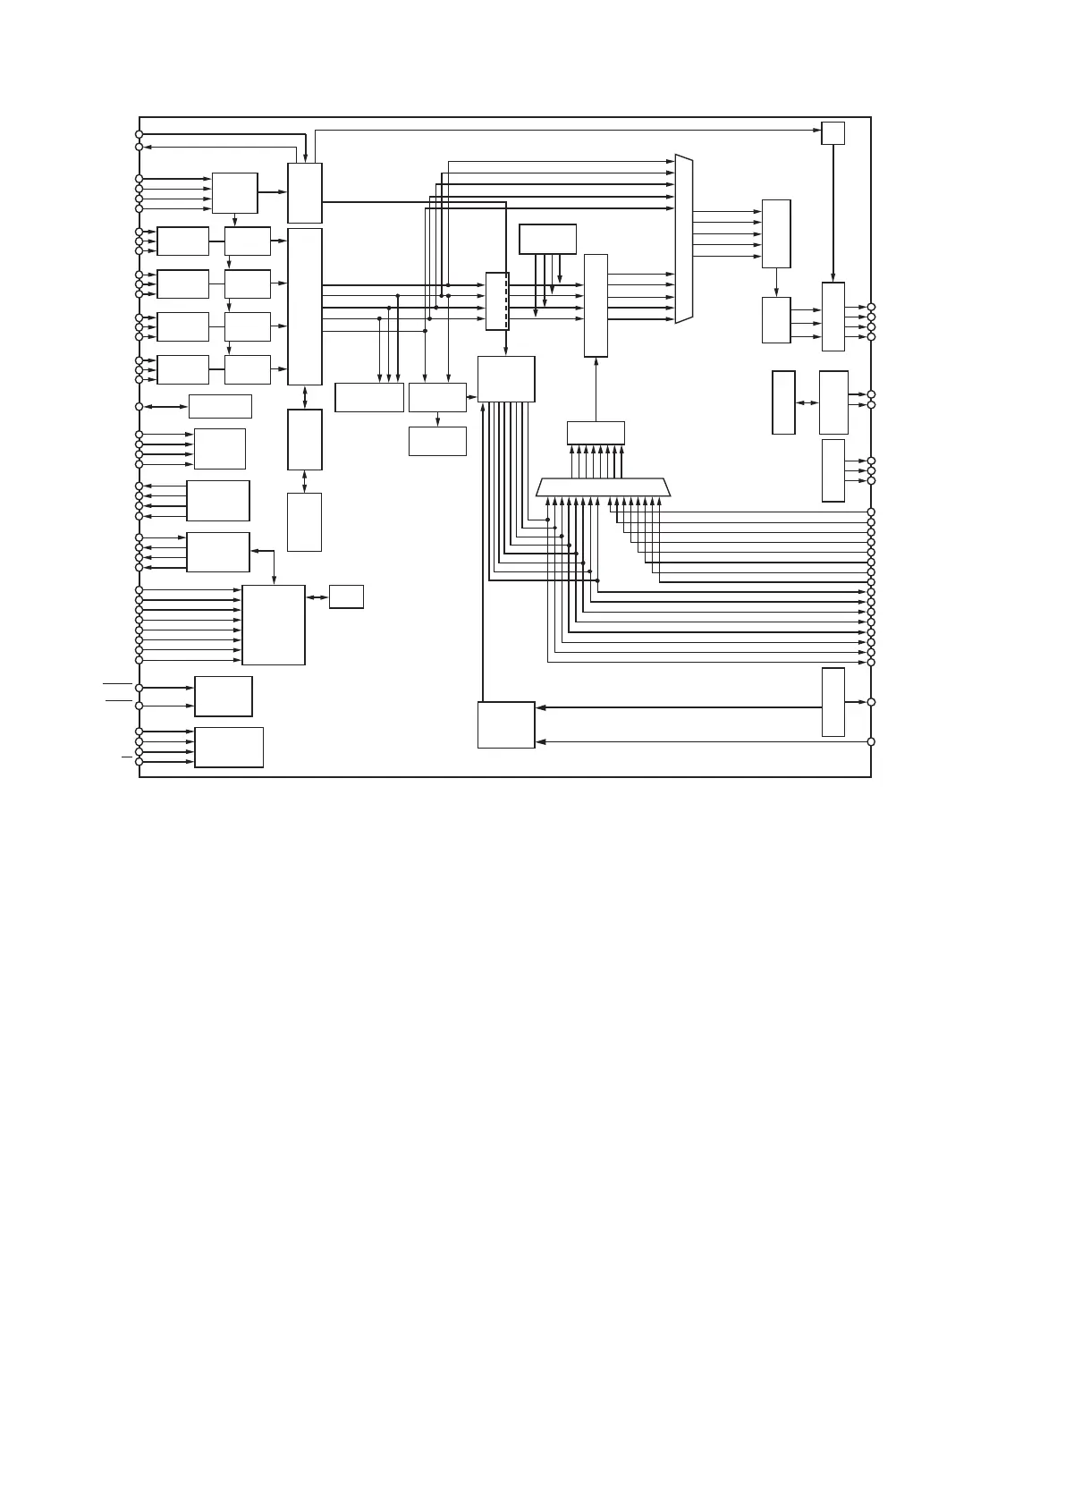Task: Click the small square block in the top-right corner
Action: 833,132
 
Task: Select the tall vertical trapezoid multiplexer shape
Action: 684,239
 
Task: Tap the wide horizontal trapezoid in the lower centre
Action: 603,487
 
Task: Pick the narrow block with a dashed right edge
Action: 497,301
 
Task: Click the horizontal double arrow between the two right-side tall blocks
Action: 807,403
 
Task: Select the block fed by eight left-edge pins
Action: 274,625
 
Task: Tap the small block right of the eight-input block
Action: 346,596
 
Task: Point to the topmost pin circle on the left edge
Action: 139,134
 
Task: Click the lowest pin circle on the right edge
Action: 871,741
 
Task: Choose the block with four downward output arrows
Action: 547,239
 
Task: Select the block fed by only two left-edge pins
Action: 224,697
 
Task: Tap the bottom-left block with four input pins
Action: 229,748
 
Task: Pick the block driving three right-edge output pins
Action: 833,470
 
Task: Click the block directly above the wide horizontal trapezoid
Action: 596,433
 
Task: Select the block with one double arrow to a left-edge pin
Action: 220,406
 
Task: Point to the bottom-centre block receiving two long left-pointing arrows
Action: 506,724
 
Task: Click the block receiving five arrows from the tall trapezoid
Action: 776,234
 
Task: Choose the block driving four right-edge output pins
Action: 833,317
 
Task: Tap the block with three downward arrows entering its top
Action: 369,397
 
